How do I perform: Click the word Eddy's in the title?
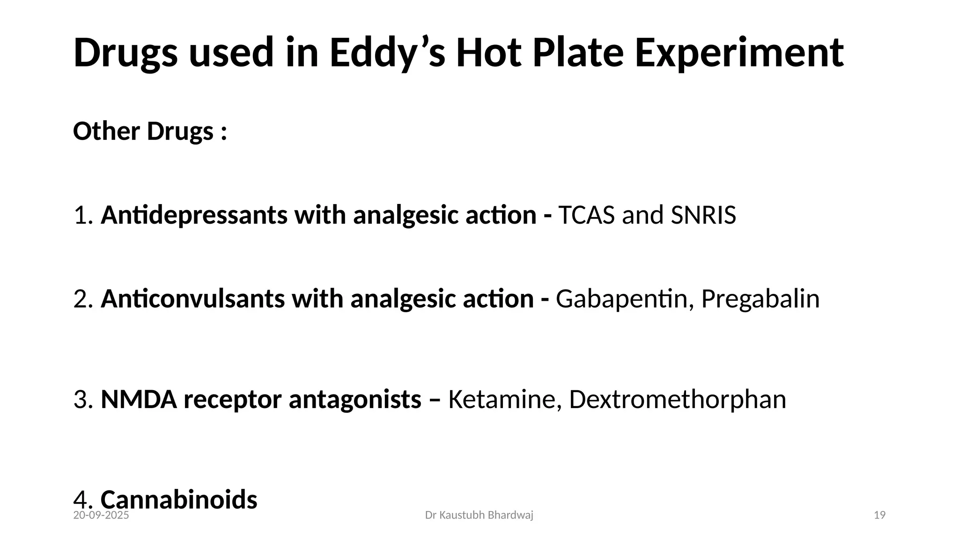pos(387,53)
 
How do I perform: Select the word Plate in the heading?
pos(578,53)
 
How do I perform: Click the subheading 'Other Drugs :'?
pos(150,131)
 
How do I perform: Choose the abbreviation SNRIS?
pos(703,215)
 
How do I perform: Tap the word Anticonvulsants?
pos(192,299)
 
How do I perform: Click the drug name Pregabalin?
pos(760,299)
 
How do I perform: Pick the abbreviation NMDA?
pos(139,400)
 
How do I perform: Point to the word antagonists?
pos(355,400)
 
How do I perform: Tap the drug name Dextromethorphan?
pos(678,400)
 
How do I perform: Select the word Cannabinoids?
pos(179,499)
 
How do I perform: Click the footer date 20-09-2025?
pos(101,516)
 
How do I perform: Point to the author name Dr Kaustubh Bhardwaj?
pos(479,516)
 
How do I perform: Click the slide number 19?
pos(880,516)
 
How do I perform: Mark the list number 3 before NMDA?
pos(81,400)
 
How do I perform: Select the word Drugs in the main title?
pos(125,53)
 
